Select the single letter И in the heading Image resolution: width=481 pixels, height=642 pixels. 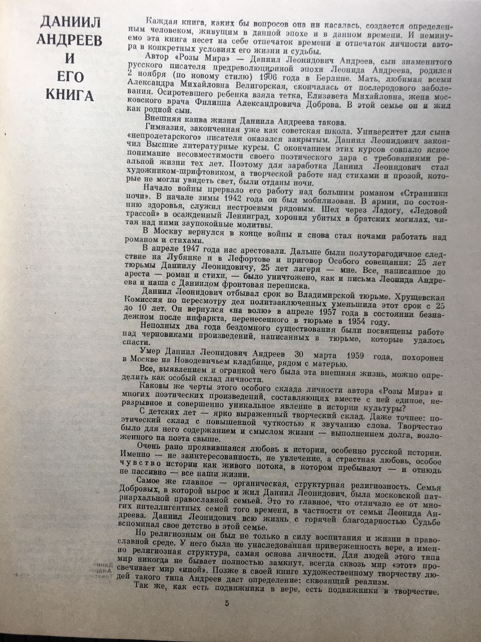coord(70,59)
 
